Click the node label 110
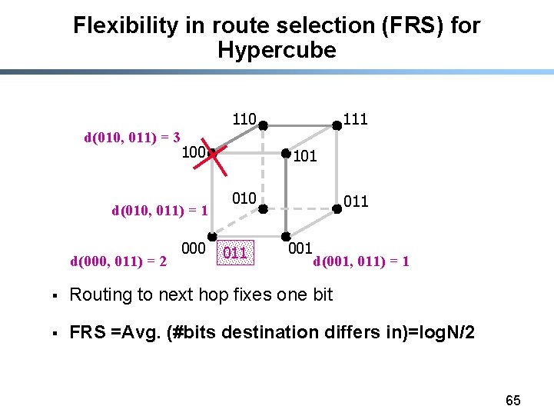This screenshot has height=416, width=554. point(244,119)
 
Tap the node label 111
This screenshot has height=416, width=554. point(355,118)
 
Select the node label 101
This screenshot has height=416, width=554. point(304,157)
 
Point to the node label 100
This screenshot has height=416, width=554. point(194,152)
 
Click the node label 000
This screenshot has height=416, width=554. point(194,248)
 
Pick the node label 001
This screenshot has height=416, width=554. point(300,248)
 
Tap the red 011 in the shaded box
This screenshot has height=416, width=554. point(235,252)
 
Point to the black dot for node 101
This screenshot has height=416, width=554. point(285,154)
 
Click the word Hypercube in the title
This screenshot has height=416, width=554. point(277,51)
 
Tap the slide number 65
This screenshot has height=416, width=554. point(513,400)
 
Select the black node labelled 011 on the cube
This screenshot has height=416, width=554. point(336,206)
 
